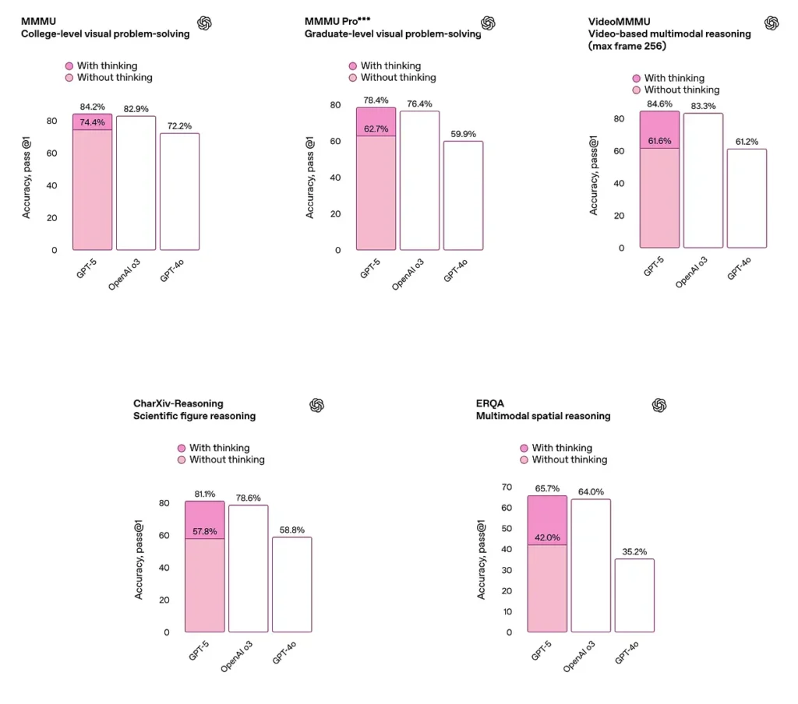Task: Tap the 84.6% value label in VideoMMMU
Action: tap(659, 104)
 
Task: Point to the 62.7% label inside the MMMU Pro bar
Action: tap(376, 129)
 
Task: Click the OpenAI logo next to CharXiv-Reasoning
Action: tap(316, 405)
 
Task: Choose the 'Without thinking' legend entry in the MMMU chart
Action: tap(115, 78)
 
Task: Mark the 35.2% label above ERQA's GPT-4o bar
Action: tap(634, 552)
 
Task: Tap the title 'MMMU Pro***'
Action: tap(337, 22)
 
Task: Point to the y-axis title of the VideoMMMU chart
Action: tap(594, 176)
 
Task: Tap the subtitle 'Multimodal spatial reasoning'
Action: tap(543, 416)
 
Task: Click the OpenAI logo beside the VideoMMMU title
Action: tap(772, 23)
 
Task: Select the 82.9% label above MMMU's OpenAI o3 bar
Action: tap(136, 108)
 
